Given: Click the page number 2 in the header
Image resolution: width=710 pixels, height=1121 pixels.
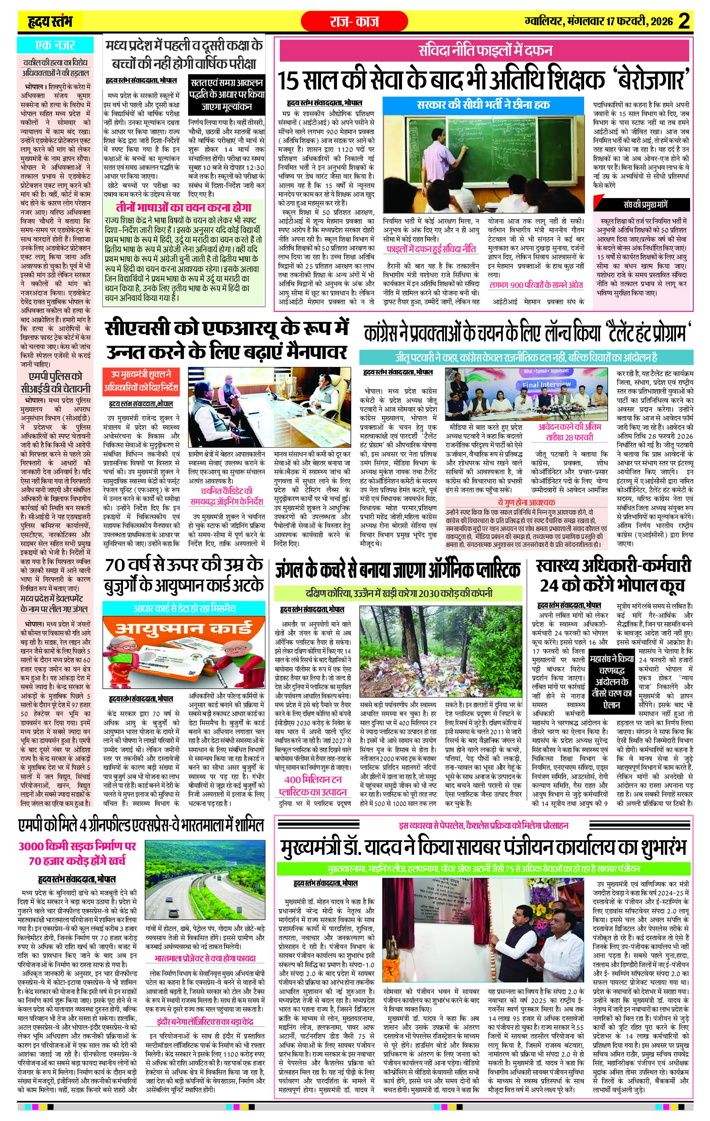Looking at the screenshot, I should (x=684, y=21).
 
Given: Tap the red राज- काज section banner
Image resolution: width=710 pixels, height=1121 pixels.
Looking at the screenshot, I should (x=354, y=21).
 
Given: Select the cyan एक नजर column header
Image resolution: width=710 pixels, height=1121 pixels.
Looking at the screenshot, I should (x=55, y=46).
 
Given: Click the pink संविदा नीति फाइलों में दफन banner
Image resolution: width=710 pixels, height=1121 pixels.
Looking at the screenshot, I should (x=485, y=50).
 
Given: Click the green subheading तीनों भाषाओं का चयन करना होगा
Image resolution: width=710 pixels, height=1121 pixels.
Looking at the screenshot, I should (x=183, y=208).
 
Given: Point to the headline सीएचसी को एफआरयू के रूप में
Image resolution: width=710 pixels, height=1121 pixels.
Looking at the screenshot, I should (x=227, y=328).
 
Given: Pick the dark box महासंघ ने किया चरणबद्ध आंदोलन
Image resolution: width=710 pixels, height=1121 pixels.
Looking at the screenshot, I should (x=611, y=676).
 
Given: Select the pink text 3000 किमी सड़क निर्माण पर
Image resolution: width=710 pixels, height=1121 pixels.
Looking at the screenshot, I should (x=77, y=846).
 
